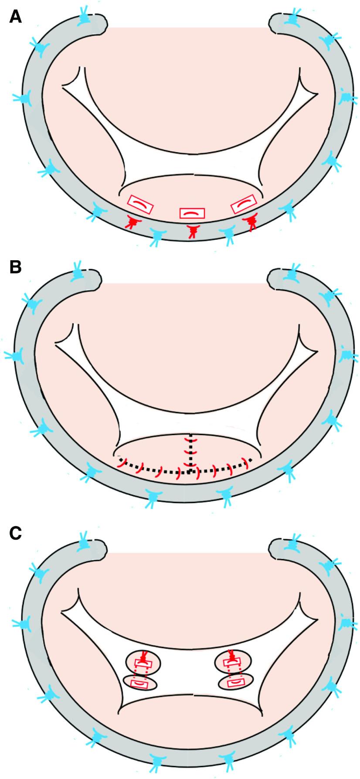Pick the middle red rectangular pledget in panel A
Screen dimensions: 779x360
(192, 213)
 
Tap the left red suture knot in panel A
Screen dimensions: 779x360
(130, 222)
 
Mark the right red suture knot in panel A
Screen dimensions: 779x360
(251, 223)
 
